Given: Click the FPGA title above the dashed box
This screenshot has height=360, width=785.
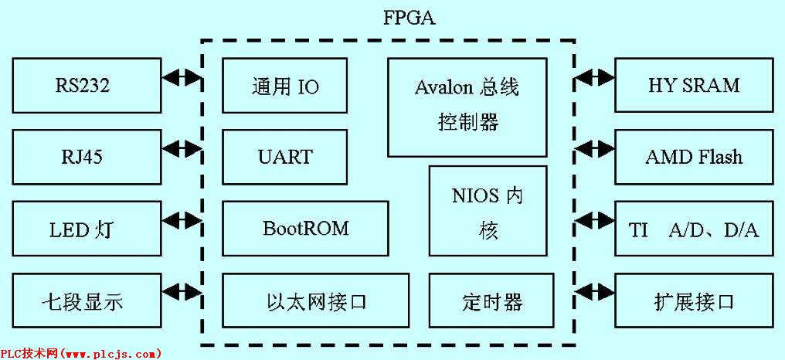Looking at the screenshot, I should (409, 18).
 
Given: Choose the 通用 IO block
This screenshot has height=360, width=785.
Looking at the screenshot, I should (284, 86).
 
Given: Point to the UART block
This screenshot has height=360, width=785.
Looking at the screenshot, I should (284, 157).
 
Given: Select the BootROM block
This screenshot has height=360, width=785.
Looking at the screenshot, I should (305, 229).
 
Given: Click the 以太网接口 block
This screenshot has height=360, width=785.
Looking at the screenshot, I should (315, 301).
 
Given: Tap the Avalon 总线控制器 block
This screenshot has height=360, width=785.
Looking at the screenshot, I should (467, 107).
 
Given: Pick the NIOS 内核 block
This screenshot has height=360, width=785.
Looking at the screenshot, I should (488, 211).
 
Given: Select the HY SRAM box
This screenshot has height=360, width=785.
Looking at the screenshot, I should (694, 85).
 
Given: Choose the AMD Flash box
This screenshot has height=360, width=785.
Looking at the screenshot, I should (694, 157).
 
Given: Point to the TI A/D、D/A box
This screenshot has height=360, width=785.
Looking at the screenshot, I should (694, 229).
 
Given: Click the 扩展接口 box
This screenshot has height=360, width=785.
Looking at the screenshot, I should (694, 301).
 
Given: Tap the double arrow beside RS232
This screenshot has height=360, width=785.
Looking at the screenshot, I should (182, 77).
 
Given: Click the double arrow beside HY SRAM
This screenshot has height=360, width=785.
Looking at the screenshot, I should (595, 77).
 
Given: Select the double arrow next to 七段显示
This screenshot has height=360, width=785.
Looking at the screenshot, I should (182, 293).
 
